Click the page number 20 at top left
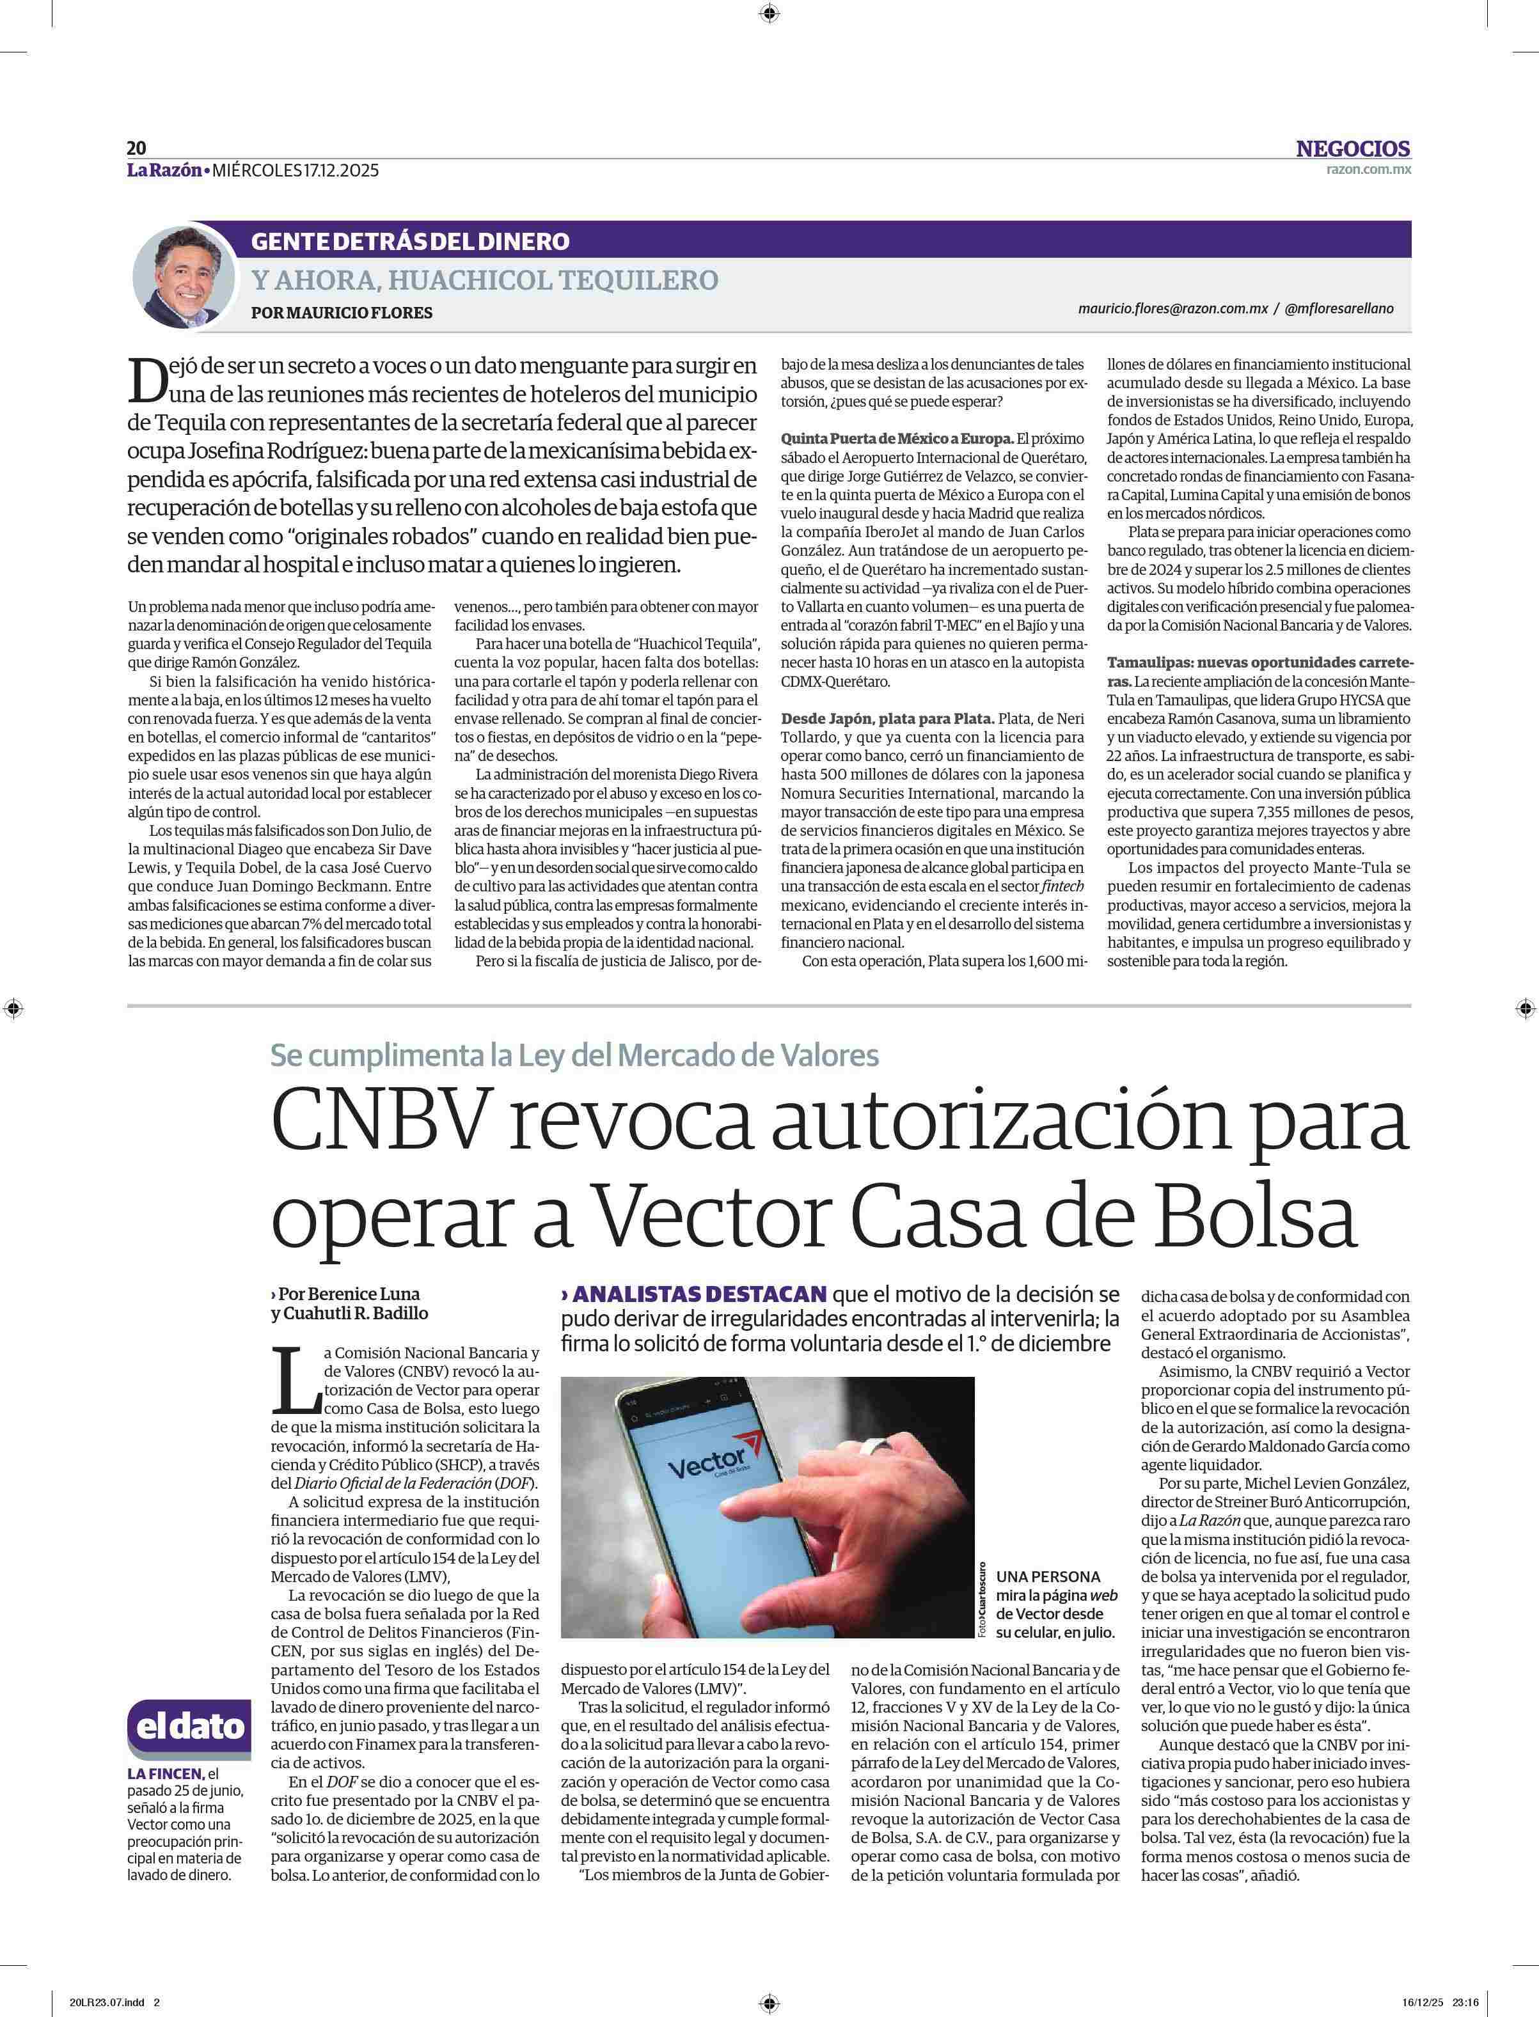point(136,148)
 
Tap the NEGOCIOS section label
point(1352,148)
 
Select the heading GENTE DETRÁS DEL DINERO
point(409,242)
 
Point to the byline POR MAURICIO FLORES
point(341,312)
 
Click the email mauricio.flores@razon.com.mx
point(1172,309)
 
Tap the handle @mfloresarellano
point(1339,309)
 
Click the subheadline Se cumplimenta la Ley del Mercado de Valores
point(574,1055)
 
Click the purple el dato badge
point(189,1727)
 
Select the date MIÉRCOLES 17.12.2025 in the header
point(294,169)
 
